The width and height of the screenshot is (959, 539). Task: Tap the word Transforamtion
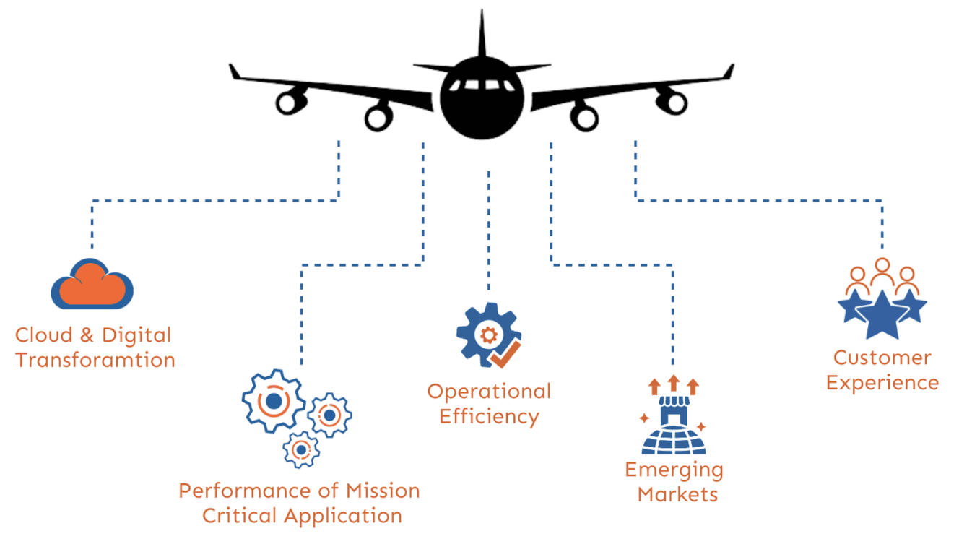point(95,360)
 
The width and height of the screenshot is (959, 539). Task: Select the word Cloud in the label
point(44,335)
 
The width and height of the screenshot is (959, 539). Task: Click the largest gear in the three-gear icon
point(273,400)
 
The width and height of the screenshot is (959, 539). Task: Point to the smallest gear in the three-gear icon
point(301,449)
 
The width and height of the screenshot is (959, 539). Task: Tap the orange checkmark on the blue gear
point(505,353)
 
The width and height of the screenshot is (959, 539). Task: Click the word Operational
point(489,392)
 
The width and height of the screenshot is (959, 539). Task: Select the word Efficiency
point(489,416)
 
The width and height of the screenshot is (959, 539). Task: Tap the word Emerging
point(674,470)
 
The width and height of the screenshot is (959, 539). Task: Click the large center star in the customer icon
point(881,314)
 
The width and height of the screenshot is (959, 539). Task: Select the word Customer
point(882,358)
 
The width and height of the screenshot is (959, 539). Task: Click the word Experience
point(882,382)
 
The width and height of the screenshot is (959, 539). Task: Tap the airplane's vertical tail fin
point(482,36)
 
